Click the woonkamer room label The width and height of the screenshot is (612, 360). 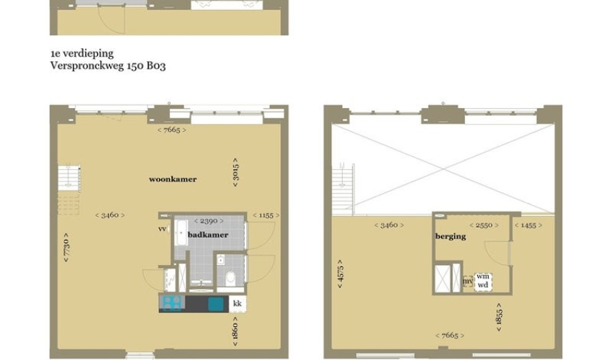[x=173, y=179]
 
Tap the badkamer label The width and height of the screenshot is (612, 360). [x=208, y=235]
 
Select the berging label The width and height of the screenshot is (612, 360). [x=451, y=236]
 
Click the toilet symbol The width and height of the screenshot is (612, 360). [x=230, y=278]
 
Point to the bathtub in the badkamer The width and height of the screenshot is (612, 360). [x=181, y=233]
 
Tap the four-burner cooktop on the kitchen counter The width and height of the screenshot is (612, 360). [x=172, y=303]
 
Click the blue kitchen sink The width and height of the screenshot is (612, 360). [x=215, y=304]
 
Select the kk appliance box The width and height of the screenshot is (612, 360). [x=238, y=303]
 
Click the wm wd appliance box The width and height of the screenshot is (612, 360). [x=483, y=281]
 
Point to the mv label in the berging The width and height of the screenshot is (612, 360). [x=468, y=281]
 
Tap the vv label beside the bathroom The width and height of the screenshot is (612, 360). [x=163, y=229]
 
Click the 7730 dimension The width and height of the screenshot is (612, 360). [x=66, y=248]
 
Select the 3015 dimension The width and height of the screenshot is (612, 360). [x=235, y=172]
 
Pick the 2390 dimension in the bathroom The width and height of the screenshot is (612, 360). [x=209, y=221]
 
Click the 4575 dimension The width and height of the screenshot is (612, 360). [x=341, y=274]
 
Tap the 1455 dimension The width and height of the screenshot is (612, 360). [x=528, y=225]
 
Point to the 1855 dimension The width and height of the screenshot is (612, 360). [x=499, y=317]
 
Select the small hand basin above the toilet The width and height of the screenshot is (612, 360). [x=220, y=260]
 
